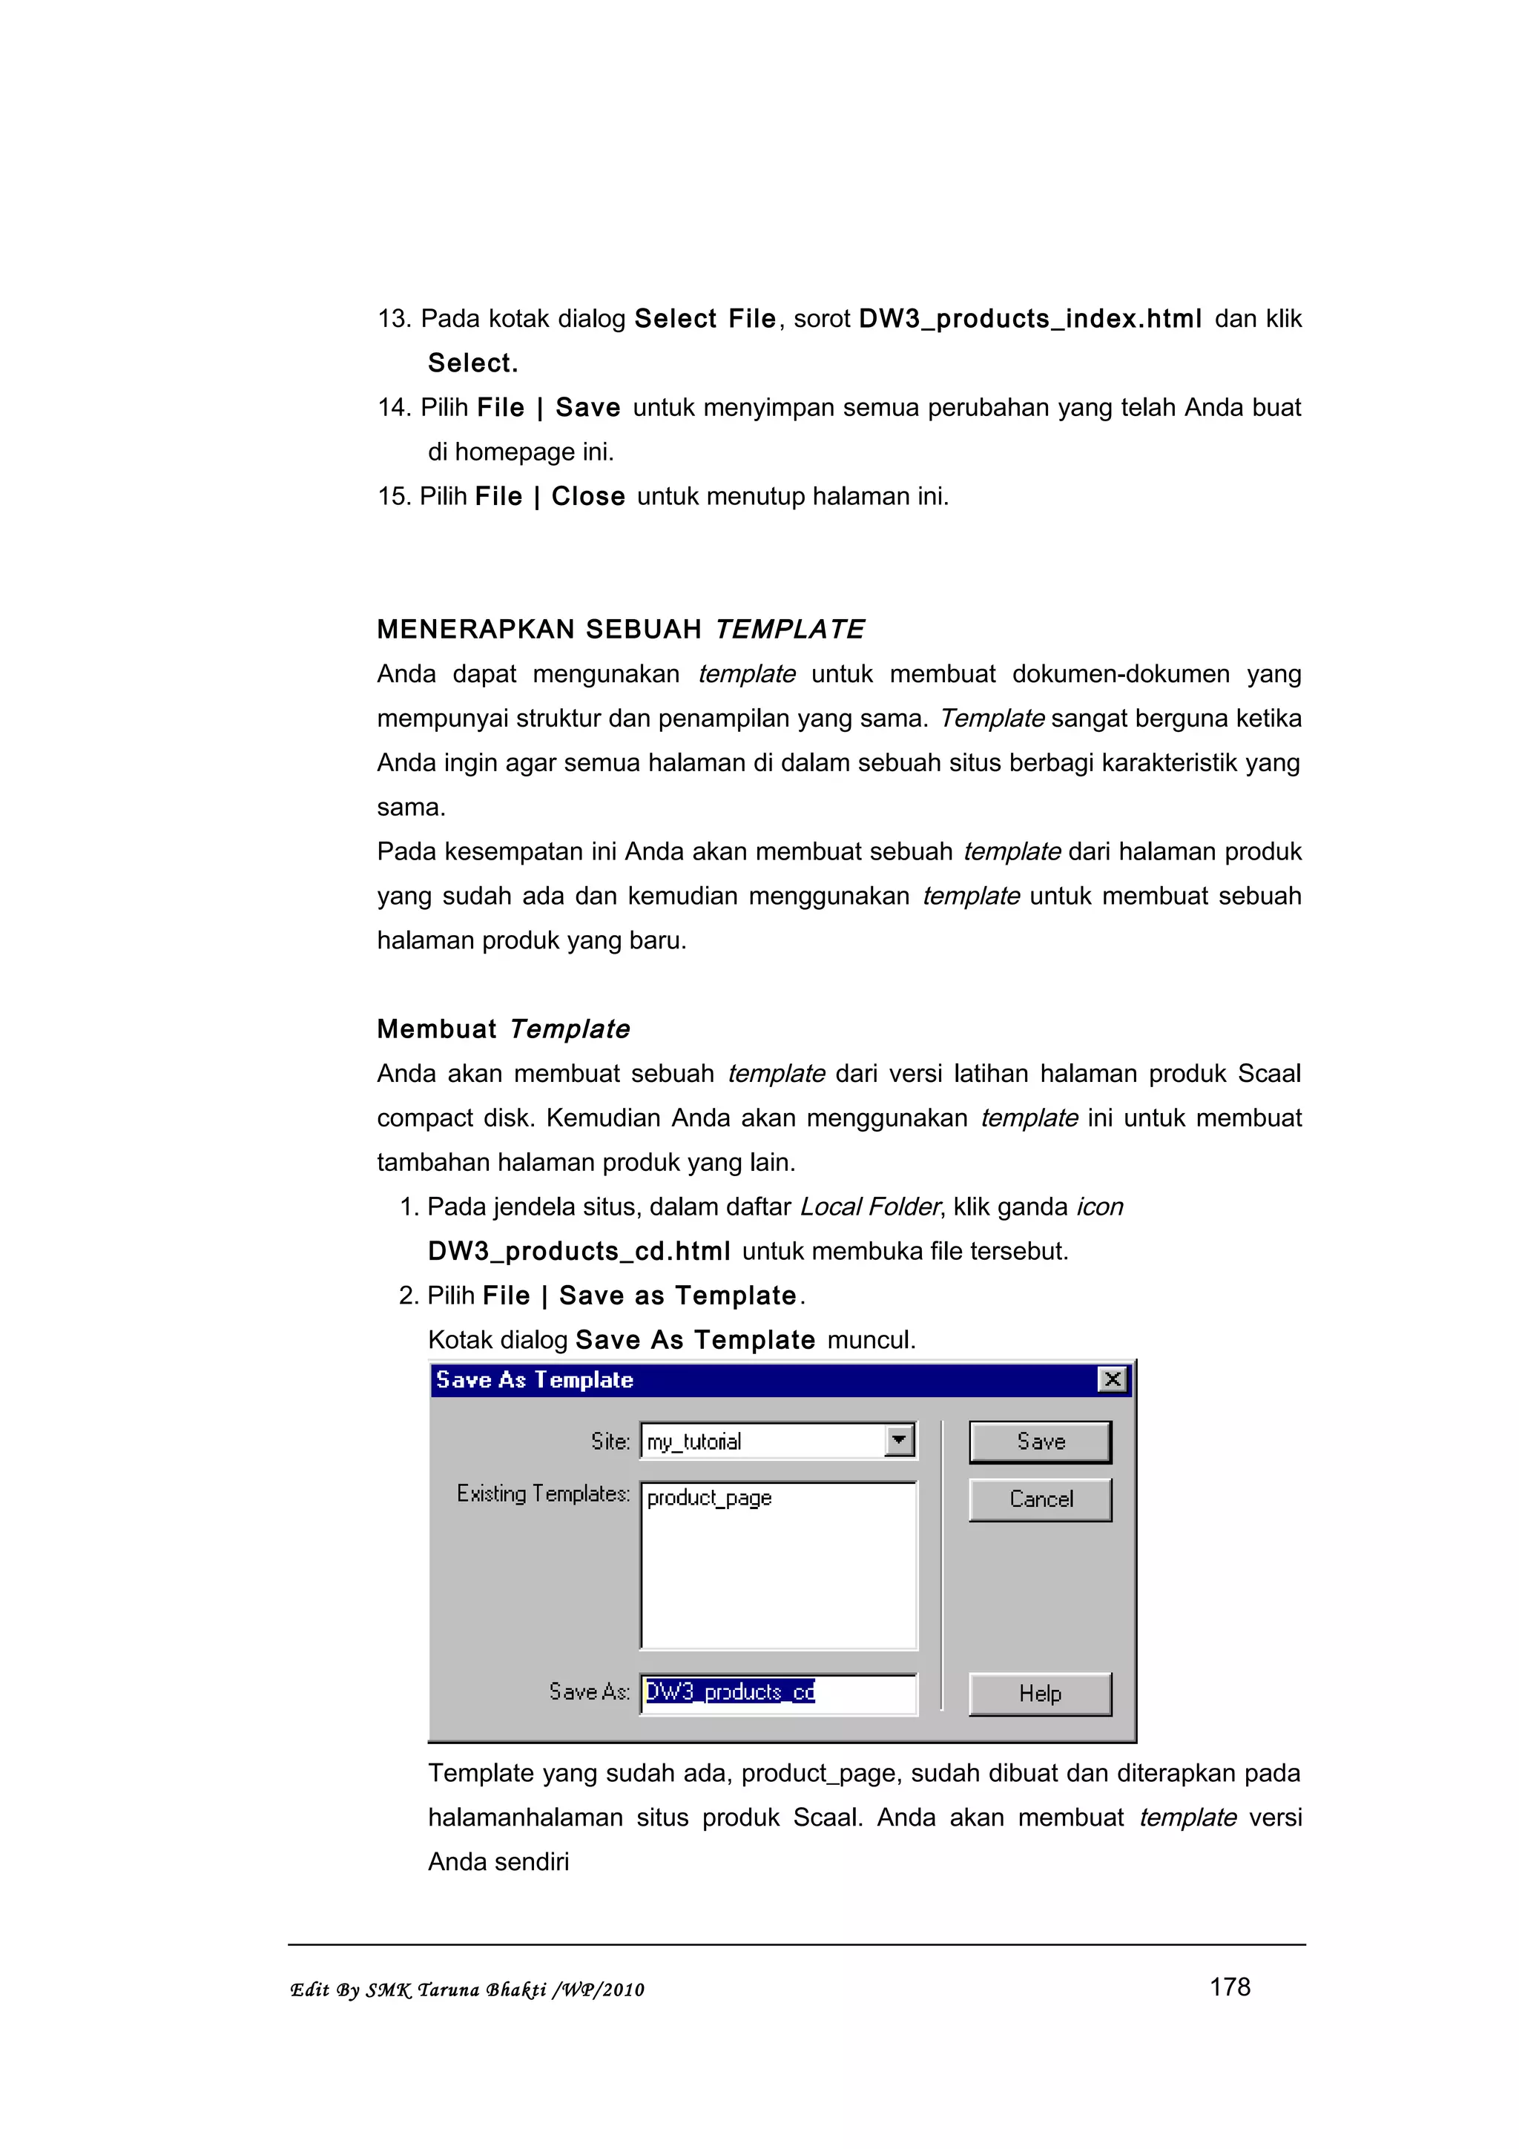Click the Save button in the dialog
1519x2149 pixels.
click(1040, 1442)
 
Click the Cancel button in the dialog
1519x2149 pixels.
click(1040, 1499)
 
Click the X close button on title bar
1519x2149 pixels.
click(1112, 1379)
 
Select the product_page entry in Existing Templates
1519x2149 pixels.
click(709, 1498)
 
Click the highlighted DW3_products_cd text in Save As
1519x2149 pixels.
click(730, 1692)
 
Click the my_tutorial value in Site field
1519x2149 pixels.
click(694, 1442)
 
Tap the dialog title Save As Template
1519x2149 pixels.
click(535, 1379)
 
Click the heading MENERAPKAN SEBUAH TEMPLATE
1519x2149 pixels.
click(621, 629)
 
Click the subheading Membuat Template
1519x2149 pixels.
click(503, 1029)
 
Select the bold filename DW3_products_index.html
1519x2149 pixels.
click(1029, 319)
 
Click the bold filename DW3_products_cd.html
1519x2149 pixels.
click(579, 1252)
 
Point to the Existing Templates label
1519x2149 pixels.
click(543, 1493)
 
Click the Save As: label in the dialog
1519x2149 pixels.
click(589, 1692)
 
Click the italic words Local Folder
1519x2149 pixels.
click(869, 1207)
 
